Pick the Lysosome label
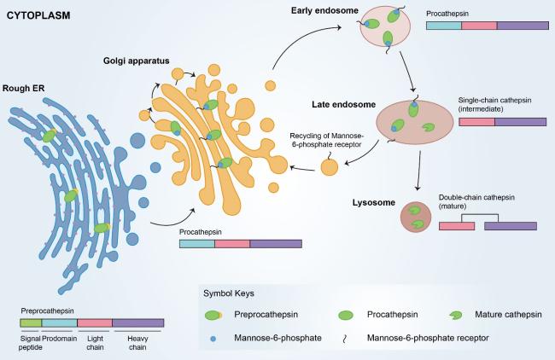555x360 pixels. point(370,202)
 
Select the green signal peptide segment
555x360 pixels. point(30,323)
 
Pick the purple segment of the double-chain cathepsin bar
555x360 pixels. point(511,226)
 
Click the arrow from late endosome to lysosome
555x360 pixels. point(417,172)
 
